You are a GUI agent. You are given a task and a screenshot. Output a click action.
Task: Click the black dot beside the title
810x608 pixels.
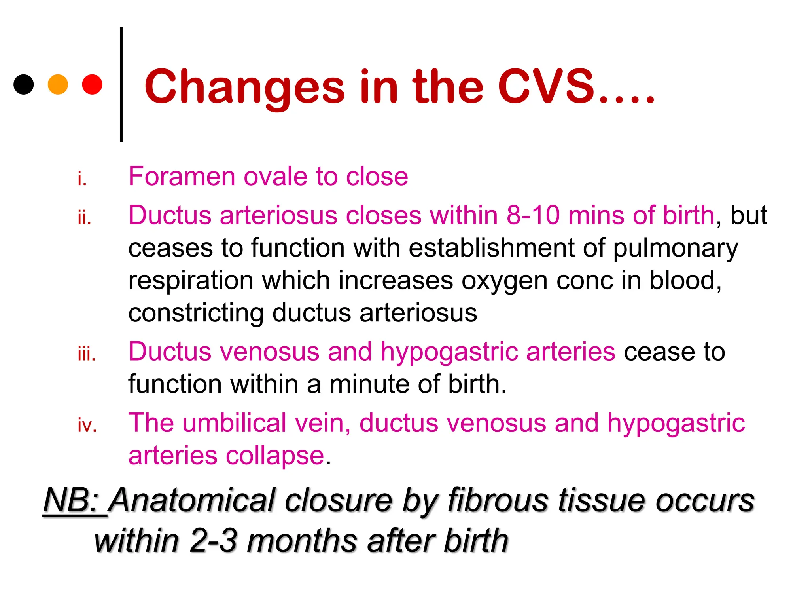[24, 84]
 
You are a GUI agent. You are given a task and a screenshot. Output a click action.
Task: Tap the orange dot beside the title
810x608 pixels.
[58, 84]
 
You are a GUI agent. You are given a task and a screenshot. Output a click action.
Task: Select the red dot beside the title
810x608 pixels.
[92, 84]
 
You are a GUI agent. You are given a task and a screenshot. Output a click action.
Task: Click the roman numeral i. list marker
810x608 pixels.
[82, 179]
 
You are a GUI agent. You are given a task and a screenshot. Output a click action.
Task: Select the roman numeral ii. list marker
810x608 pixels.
[84, 218]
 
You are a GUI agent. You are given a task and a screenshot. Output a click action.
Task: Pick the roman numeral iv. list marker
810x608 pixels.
[87, 426]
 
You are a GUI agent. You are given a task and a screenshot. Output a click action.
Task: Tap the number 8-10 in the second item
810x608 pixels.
[533, 215]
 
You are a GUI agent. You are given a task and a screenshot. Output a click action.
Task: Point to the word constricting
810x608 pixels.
[196, 313]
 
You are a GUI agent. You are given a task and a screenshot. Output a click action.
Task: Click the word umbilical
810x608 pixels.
[234, 423]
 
